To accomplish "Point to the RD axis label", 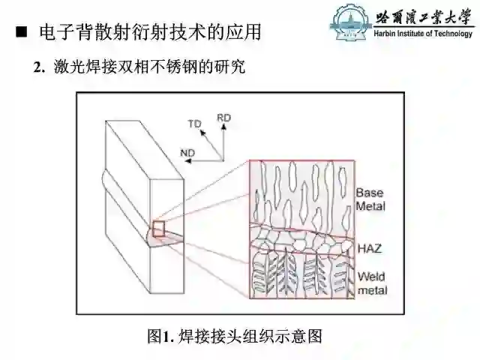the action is [223, 118].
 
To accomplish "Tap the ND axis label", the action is [187, 153].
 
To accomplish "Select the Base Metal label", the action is [370, 199].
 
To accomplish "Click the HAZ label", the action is [367, 246].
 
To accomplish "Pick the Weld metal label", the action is [370, 282].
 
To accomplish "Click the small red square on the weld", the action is [159, 229].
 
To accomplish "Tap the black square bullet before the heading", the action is [22, 33].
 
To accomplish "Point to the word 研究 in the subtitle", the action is [231, 67].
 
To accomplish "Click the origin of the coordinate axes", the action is [221, 159].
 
